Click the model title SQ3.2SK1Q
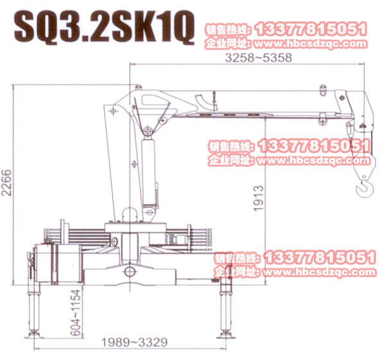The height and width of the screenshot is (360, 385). [103, 28]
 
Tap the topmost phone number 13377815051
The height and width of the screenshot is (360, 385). [311, 29]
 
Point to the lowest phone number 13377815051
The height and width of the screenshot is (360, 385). [320, 257]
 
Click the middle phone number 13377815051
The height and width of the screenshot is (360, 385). [315, 146]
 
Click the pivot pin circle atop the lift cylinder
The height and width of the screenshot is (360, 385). [148, 132]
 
